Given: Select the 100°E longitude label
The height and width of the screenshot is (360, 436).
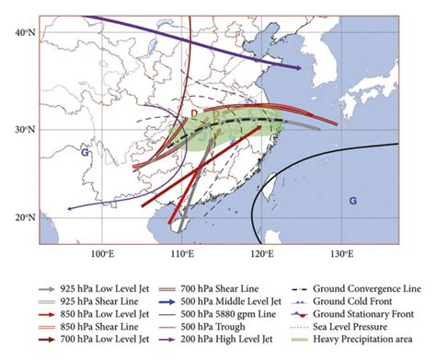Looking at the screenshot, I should point(102,253).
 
